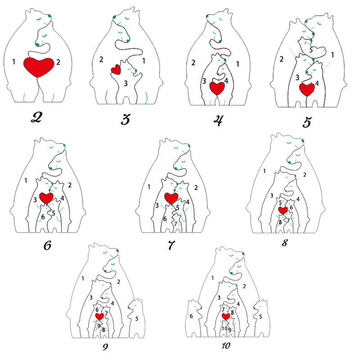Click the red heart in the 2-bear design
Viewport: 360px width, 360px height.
pos(39,67)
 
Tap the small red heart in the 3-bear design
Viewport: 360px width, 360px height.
pos(116,69)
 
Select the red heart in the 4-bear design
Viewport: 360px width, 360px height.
pos(217,88)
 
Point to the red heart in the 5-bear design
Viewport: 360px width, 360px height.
pos(307,89)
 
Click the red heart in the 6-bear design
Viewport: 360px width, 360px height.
pos(46,198)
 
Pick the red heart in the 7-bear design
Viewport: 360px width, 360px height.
pos(171,198)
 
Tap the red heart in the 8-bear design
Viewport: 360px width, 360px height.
pos(283,210)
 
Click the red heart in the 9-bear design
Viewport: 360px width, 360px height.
pos(99,316)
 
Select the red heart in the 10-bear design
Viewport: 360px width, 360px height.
pos(226,316)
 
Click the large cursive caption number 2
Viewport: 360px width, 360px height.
pos(36,117)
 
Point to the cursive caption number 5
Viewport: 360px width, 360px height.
pos(307,121)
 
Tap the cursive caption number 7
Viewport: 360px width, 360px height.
pos(171,245)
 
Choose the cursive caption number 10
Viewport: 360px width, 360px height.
pos(226,346)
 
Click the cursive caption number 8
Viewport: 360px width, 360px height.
pos(285,243)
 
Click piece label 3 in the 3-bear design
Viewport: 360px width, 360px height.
pos(126,83)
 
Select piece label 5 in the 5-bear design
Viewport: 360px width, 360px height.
pos(311,50)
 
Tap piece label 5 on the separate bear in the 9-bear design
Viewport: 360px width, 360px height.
pos(137,319)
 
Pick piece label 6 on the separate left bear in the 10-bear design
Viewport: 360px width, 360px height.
pos(191,316)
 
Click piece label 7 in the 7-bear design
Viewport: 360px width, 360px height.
pos(175,224)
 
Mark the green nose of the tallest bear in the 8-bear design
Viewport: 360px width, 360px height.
pos(303,140)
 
